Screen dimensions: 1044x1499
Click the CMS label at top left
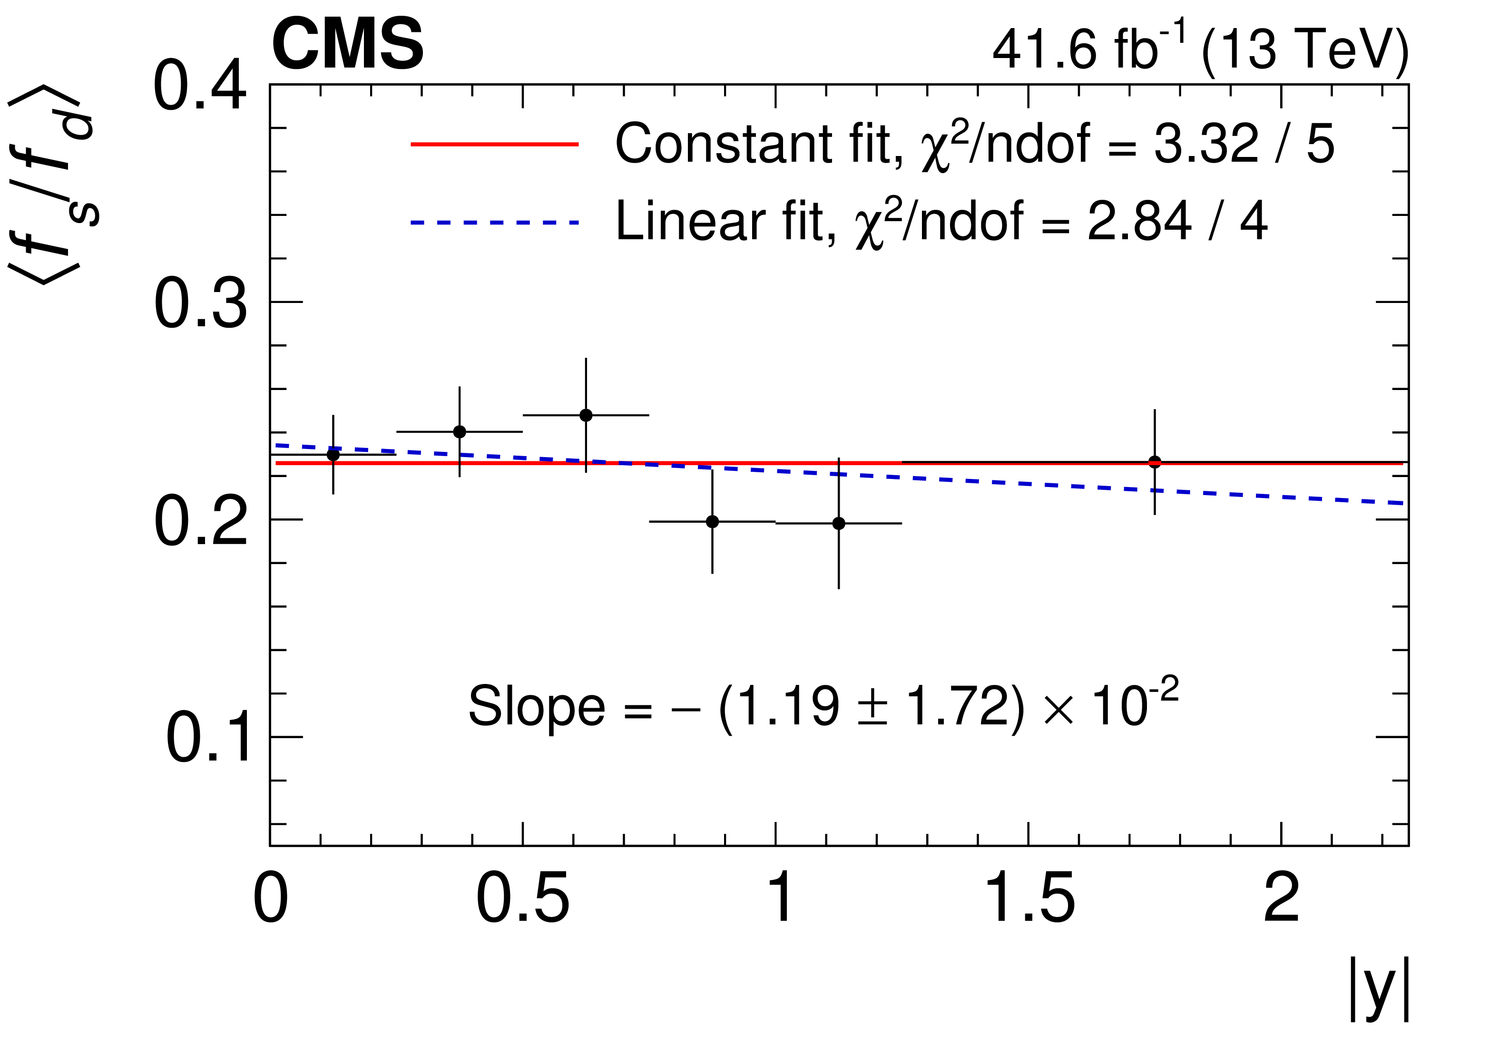tap(347, 46)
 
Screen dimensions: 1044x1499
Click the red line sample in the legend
tap(494, 144)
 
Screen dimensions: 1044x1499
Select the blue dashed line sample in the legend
tap(494, 223)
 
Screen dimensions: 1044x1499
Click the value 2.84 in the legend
tap(1139, 223)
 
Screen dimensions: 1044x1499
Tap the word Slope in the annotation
tap(537, 706)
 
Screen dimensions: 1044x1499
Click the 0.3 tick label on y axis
tap(200, 303)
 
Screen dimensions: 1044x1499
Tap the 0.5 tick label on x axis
tap(522, 900)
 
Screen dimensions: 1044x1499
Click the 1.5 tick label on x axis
tap(1029, 900)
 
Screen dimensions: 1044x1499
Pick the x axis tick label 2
tap(1282, 900)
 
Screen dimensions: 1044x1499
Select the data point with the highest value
tap(586, 415)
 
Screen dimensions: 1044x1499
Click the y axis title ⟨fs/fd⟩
tap(52, 186)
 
